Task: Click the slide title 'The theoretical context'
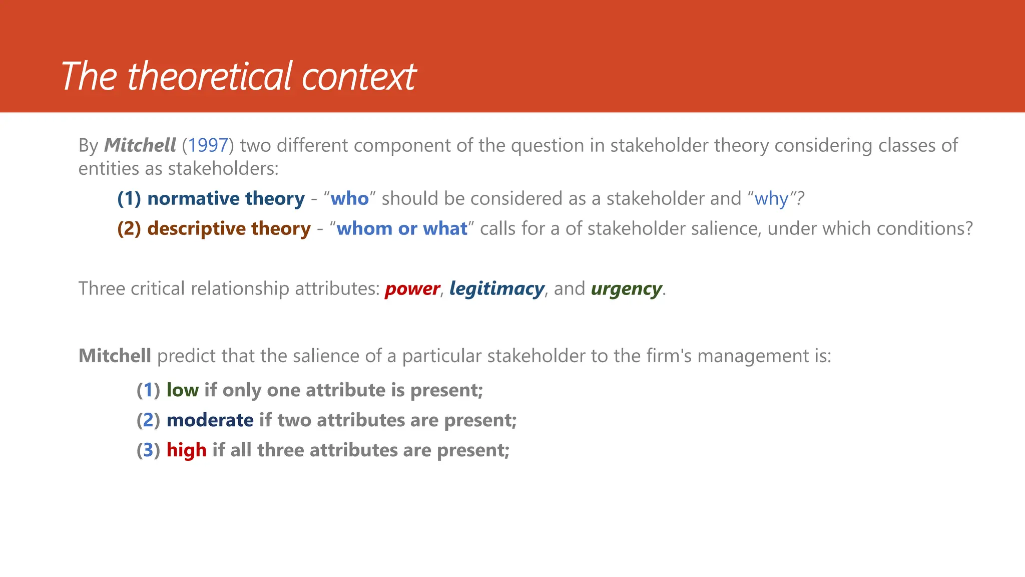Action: coord(238,76)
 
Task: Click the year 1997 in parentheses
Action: coord(208,145)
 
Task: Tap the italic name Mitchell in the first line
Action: coord(140,145)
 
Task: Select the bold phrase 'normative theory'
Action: coord(226,199)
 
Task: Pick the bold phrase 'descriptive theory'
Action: coord(229,229)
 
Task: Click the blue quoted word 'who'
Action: coord(349,199)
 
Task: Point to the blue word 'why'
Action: coord(771,199)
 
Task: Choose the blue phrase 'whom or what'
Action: coord(401,229)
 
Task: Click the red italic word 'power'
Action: coord(412,289)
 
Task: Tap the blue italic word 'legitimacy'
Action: coord(496,289)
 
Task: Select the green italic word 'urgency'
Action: coord(626,289)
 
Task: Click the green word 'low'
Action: coord(182,390)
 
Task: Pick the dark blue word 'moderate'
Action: coord(210,420)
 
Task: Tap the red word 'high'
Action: coord(186,450)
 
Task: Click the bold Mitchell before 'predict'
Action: coord(115,356)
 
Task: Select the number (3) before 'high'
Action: coord(148,450)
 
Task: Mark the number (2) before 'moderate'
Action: coord(148,420)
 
